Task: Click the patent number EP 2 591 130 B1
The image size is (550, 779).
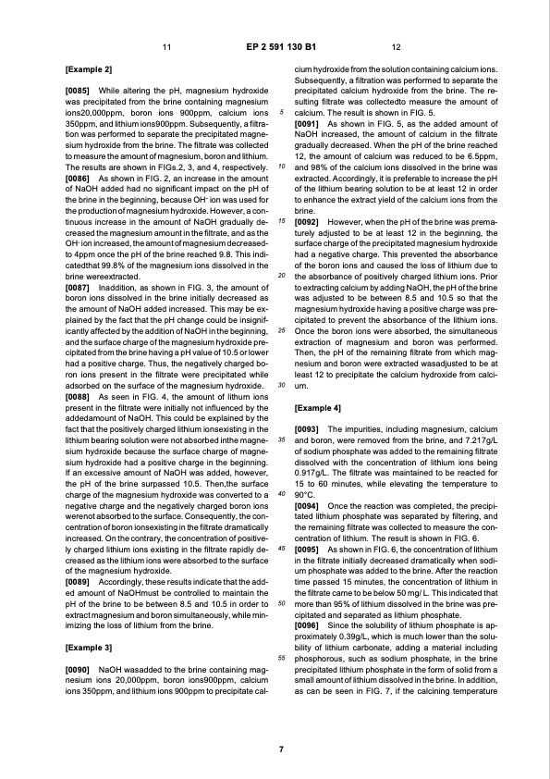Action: pyautogui.click(x=275, y=46)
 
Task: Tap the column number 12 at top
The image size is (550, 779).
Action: pyautogui.click(x=396, y=46)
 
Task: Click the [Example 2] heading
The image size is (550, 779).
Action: pyautogui.click(x=89, y=69)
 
